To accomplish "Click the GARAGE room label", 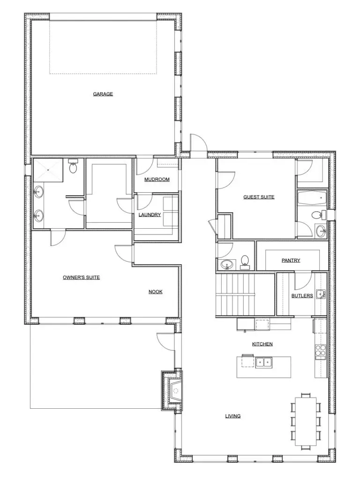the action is pos(103,94).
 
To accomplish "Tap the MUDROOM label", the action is pos(157,180).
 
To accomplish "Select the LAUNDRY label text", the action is pos(150,215).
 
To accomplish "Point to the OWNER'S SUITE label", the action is pos(81,277).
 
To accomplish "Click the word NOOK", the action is pos(156,292).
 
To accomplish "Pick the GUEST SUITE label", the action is pos(259,197).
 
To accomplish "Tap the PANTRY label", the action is pos(291,260).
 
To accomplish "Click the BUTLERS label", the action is pos(302,296).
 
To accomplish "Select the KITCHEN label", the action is pos(262,344).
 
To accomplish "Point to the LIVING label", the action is pos(232,416).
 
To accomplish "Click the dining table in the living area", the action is pos(306,421).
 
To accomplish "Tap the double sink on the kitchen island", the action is pos(264,362).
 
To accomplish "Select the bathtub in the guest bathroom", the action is pos(312,198).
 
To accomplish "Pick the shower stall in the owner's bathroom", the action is pos(48,170).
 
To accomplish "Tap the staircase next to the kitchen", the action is pos(235,294).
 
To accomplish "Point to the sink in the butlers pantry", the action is pos(320,294).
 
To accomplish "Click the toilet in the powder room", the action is pos(245,262).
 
